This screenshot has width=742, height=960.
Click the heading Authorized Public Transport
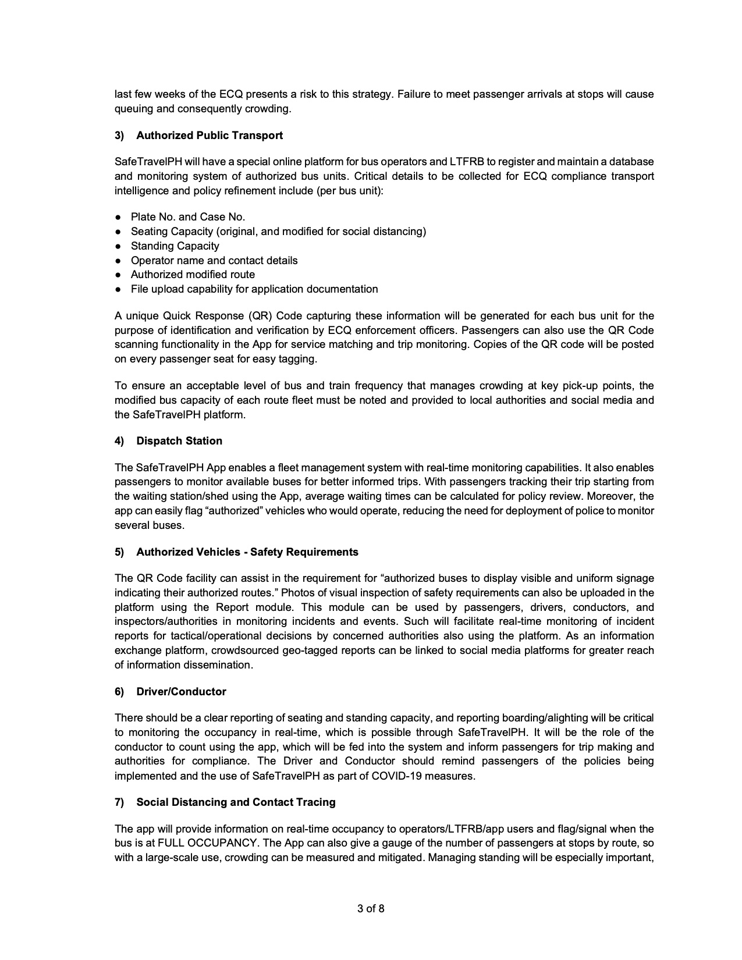pyautogui.click(x=210, y=136)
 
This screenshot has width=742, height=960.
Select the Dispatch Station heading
pyautogui.click(x=179, y=441)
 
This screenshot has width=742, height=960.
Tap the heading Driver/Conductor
pyautogui.click(x=181, y=692)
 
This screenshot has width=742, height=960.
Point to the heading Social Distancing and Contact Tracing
pyautogui.click(x=236, y=802)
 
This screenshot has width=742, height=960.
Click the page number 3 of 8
pyautogui.click(x=371, y=908)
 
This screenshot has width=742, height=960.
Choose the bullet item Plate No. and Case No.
pyautogui.click(x=188, y=217)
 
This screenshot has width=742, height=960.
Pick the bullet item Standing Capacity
pyautogui.click(x=175, y=246)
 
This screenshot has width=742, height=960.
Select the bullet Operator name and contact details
pyautogui.click(x=214, y=261)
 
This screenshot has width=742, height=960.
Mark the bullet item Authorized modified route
pyautogui.click(x=193, y=275)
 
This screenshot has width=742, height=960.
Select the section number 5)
pyautogui.click(x=119, y=552)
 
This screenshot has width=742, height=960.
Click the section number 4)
pyautogui.click(x=119, y=441)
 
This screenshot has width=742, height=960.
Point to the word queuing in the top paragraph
pyautogui.click(x=132, y=109)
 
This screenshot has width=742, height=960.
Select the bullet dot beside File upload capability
pyautogui.click(x=118, y=289)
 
